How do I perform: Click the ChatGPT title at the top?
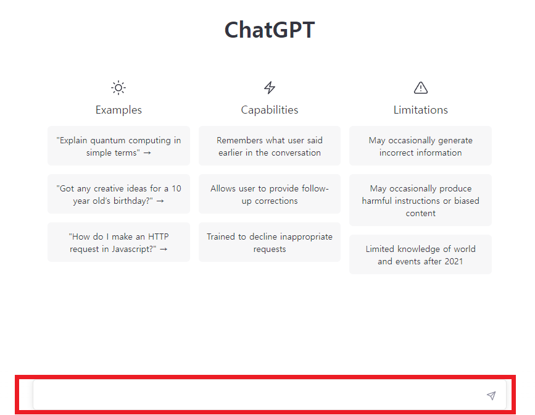click(269, 30)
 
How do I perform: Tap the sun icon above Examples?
click(118, 88)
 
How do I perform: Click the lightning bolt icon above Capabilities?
click(270, 88)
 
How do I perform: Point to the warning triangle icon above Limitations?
click(421, 88)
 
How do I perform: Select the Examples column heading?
click(118, 110)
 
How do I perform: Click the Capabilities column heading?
click(270, 110)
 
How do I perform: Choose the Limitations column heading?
click(421, 110)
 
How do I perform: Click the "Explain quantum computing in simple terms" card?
click(118, 146)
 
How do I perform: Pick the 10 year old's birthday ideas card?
click(118, 195)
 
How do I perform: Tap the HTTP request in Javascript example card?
click(118, 243)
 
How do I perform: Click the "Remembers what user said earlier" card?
click(270, 146)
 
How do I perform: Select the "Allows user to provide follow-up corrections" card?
click(270, 195)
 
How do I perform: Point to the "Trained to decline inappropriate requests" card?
click(270, 243)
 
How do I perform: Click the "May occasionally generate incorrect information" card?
click(421, 146)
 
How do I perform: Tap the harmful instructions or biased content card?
click(421, 201)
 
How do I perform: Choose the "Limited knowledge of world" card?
click(421, 255)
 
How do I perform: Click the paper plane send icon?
click(491, 395)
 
